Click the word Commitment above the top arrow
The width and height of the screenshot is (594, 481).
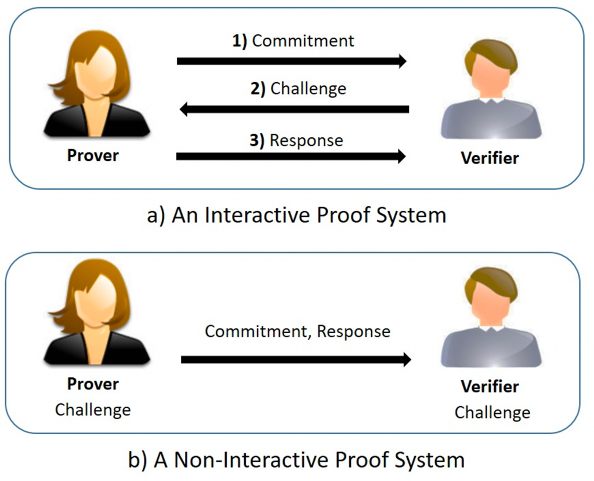tap(303, 41)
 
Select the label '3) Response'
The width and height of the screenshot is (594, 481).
tap(296, 140)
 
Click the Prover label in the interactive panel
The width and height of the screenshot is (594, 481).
tap(93, 155)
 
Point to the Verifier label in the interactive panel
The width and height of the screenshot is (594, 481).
tap(490, 158)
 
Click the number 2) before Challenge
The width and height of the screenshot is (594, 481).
tap(258, 89)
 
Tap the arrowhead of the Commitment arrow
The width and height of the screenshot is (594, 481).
tap(402, 61)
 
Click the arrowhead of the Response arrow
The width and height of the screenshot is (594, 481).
tap(401, 156)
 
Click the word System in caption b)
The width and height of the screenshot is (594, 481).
tap(430, 461)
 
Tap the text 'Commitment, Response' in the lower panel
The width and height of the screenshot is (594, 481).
tap(298, 331)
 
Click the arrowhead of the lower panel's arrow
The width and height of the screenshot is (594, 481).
tap(407, 359)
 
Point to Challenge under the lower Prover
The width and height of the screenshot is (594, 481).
tap(93, 410)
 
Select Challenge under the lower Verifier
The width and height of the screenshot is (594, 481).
tap(492, 413)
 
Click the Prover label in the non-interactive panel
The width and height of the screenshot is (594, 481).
tap(93, 384)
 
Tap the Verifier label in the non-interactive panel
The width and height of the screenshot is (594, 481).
tap(490, 387)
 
